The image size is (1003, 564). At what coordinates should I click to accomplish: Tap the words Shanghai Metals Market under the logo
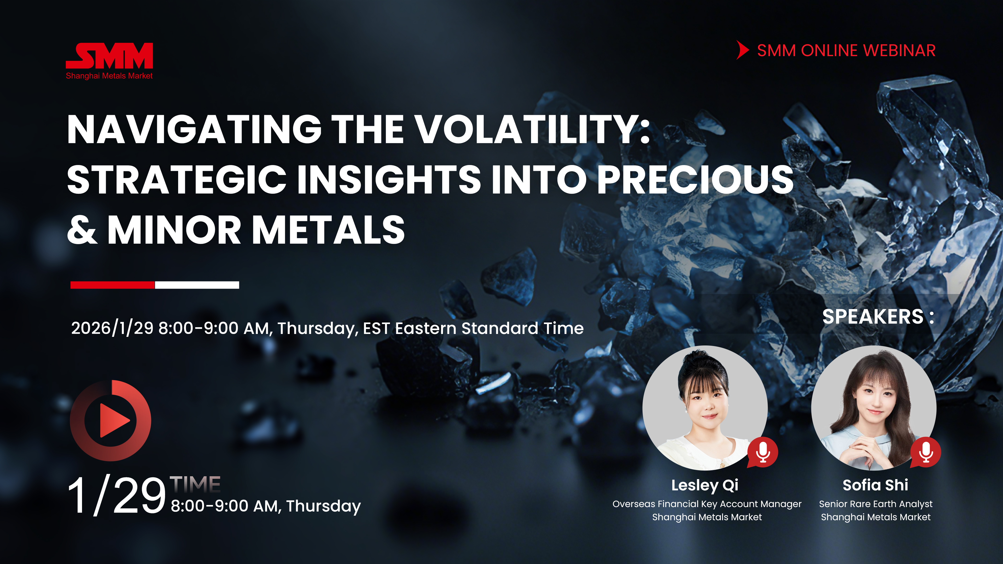(109, 76)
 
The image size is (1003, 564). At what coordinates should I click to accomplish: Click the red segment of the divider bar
(113, 285)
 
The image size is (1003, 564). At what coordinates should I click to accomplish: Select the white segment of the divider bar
(197, 285)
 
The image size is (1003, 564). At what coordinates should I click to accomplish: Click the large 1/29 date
(117, 496)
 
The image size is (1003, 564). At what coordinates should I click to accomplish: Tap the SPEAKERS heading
(878, 316)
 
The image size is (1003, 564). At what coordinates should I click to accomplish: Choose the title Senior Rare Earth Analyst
(876, 504)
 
